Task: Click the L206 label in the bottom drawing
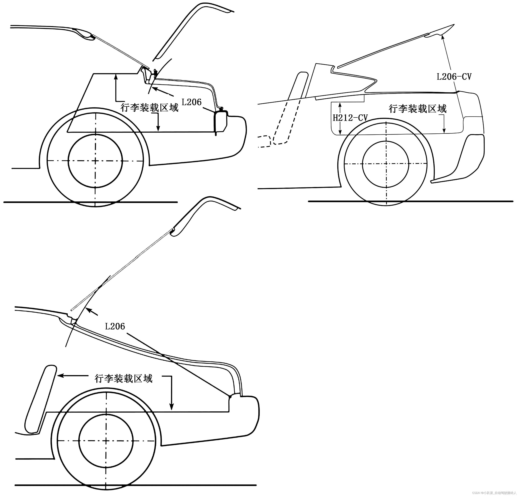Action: point(115,327)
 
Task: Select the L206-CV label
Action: point(454,77)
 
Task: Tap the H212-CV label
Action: point(350,118)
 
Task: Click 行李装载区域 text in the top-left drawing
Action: point(149,108)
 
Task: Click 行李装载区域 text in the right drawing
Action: point(417,109)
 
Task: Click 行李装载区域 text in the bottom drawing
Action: point(123,379)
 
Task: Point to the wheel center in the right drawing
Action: point(386,164)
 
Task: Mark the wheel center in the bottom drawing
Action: point(106,441)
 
